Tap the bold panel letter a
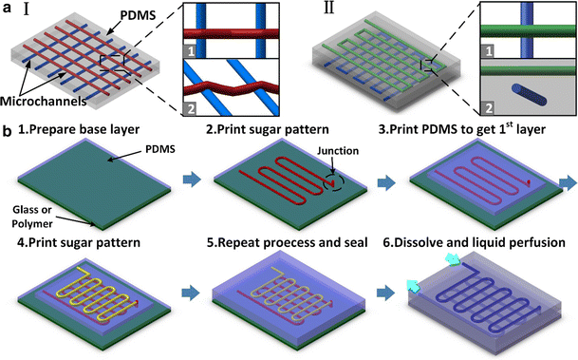8,9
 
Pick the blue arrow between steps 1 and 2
189,178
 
